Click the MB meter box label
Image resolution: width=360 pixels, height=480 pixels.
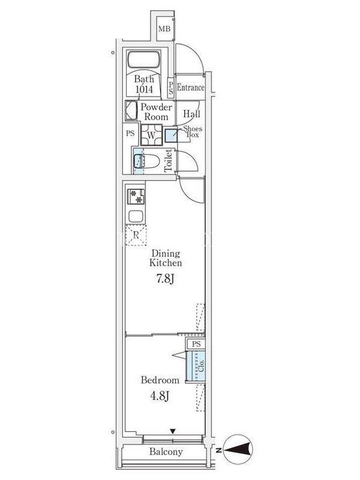tap(164, 29)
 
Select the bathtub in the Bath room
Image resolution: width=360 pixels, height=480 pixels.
tap(144, 59)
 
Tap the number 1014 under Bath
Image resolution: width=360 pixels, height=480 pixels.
tap(144, 89)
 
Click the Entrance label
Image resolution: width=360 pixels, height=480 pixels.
tap(190, 88)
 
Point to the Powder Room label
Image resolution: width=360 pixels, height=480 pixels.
tap(156, 112)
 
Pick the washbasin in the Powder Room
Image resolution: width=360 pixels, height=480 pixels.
tap(131, 111)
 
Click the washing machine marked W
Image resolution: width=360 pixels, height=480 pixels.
tap(151, 134)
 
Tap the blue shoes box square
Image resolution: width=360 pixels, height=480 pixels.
tap(171, 136)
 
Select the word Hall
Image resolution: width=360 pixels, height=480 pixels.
tap(191, 114)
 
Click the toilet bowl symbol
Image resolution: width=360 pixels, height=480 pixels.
tap(146, 161)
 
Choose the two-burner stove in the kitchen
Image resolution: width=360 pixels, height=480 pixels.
tap(136, 197)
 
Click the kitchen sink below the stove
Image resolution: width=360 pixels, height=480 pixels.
tap(136, 217)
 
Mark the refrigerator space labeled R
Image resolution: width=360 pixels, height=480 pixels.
tap(136, 235)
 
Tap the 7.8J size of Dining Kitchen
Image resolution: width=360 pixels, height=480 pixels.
tap(166, 279)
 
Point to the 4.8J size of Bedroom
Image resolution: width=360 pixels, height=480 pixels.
tap(160, 396)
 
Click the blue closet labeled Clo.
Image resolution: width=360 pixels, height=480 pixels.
tap(196, 366)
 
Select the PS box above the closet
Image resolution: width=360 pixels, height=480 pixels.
tap(196, 344)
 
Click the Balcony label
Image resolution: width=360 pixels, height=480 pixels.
tap(166, 452)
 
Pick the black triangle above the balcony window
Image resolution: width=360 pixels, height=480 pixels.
tap(173, 431)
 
